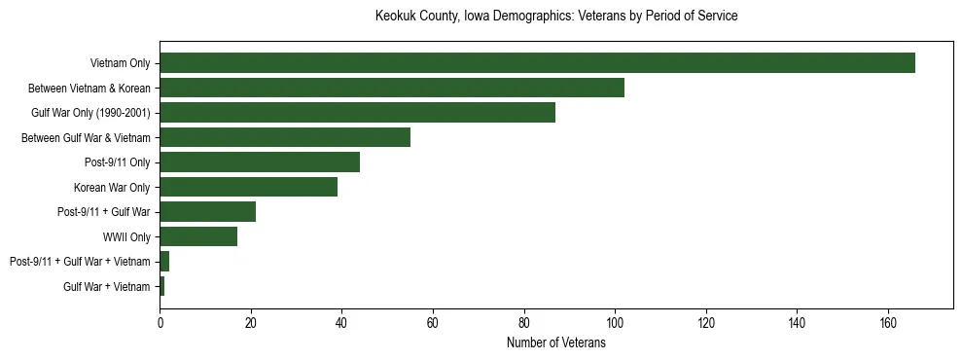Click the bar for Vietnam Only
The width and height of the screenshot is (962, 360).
(537, 63)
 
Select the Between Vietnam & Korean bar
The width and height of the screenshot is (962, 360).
(392, 88)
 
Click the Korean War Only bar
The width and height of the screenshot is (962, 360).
(248, 187)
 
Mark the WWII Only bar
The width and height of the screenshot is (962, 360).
(198, 236)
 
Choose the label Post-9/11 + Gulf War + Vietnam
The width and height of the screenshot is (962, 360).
(80, 262)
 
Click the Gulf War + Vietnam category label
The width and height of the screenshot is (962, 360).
(106, 286)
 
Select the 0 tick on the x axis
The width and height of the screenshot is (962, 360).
(160, 323)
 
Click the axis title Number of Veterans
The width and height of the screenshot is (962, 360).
(556, 342)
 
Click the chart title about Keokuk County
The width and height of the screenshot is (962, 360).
(556, 17)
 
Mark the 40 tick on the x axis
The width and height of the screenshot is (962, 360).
(341, 323)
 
